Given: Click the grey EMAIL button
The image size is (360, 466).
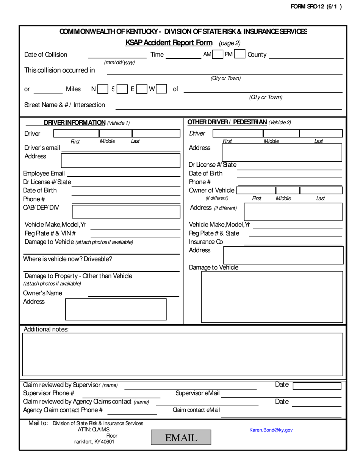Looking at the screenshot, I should click(x=181, y=438).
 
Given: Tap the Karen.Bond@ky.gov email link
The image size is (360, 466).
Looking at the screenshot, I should click(x=271, y=430).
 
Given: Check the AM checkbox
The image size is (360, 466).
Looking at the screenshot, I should click(x=218, y=55).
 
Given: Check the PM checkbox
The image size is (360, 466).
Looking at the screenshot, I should click(x=239, y=55).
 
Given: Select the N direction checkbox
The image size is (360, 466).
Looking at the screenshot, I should click(x=102, y=89).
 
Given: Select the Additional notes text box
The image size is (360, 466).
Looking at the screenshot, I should click(x=183, y=354).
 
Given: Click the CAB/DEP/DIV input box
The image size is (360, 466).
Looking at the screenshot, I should click(x=126, y=211).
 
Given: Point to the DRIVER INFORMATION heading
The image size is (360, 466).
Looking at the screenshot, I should click(x=75, y=122).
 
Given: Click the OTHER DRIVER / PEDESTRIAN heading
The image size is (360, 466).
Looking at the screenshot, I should click(x=227, y=122).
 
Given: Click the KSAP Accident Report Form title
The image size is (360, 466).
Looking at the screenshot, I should click(x=169, y=43).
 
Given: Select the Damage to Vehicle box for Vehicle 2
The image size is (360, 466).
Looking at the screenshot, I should click(x=272, y=297).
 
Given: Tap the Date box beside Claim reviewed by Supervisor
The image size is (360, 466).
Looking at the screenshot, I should click(x=317, y=386).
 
